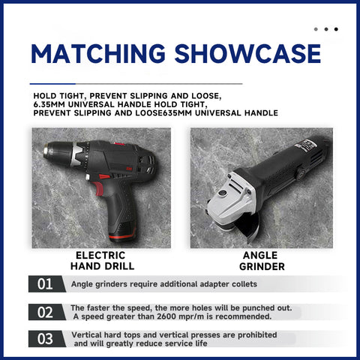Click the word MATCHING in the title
point(98,53)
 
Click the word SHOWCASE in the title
point(247,53)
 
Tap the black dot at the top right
point(336,29)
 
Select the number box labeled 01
point(46,284)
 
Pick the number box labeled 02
point(46,312)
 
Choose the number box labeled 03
point(46,339)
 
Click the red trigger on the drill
point(97,188)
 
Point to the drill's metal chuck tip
point(46,151)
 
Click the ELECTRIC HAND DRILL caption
point(102,261)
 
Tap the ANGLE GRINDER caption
point(262,261)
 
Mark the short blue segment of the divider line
point(52,84)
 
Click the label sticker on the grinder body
point(306,145)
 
